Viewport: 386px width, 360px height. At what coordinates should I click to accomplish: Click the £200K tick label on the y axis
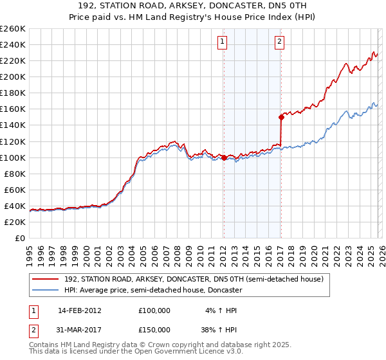tap(13, 76)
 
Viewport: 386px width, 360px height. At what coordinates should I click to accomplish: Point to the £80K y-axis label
tap(15, 174)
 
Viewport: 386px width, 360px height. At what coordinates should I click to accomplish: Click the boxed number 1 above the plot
tap(223, 42)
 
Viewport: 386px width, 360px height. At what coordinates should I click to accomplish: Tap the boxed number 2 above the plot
tap(280, 42)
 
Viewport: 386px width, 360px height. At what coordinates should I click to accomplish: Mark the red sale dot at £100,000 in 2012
tap(223, 157)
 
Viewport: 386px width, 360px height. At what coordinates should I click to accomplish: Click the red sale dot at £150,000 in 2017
tap(281, 117)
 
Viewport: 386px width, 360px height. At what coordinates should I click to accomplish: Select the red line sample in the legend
tap(46, 279)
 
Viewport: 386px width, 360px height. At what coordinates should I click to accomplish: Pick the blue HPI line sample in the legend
tap(46, 290)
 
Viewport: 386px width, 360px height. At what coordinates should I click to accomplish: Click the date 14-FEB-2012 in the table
tap(80, 310)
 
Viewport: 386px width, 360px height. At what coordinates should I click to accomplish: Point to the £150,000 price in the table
tap(154, 329)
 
